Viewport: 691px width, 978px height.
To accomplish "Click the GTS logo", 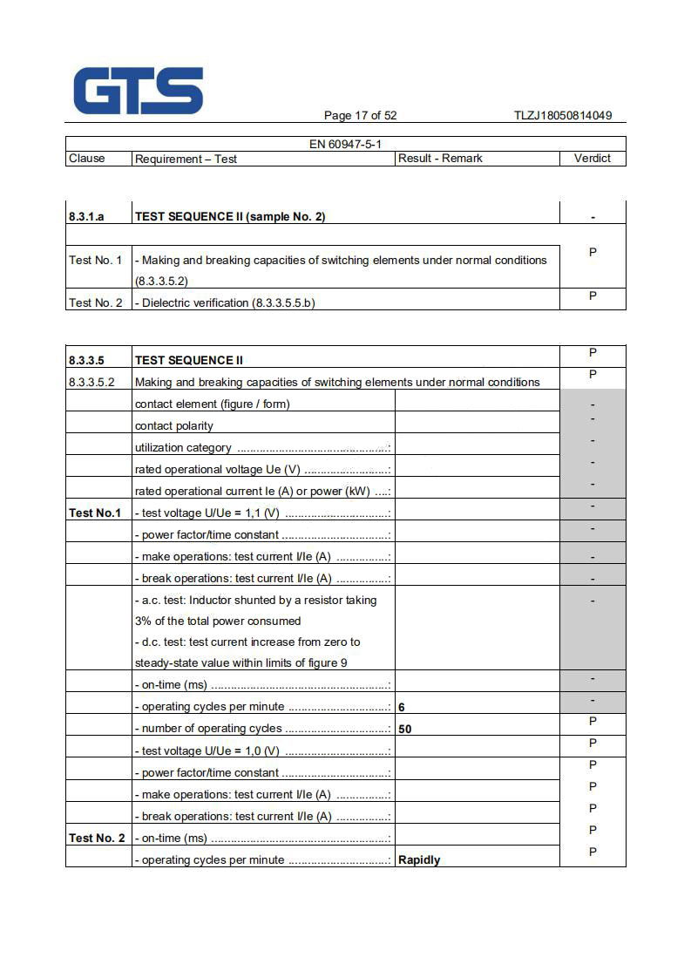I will [x=138, y=92].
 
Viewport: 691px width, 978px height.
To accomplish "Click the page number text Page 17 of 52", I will [x=360, y=116].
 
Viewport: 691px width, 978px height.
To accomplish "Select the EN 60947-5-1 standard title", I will [x=345, y=144].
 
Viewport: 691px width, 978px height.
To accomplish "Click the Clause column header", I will [x=86, y=159].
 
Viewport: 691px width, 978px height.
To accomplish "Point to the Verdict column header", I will [x=593, y=159].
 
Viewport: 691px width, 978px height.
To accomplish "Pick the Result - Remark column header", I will [x=440, y=159].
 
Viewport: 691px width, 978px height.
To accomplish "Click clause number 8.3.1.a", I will [x=86, y=217].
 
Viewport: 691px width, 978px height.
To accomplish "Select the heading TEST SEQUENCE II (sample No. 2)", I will [x=230, y=217].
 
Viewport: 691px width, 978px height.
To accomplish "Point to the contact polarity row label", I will [x=174, y=426].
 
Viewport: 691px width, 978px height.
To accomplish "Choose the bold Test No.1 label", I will [x=95, y=513].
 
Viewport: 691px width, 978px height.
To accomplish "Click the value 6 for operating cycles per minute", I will [x=402, y=707].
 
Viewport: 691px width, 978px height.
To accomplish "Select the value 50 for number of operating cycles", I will [x=405, y=729].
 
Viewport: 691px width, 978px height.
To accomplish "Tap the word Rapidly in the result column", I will [x=419, y=860].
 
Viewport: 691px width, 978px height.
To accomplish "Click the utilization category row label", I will [x=183, y=448].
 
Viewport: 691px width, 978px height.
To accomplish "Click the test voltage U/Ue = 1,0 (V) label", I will [x=207, y=751].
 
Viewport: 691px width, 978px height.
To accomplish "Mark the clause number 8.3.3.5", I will [x=86, y=360].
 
